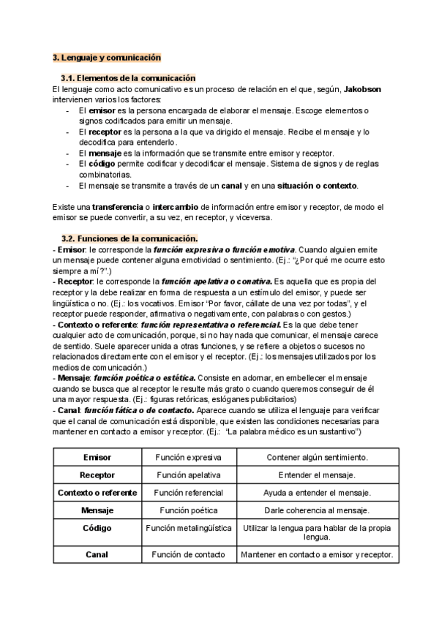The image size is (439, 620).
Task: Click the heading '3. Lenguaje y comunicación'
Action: pyautogui.click(x=107, y=57)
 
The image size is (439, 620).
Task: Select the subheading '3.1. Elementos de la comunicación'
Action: pyautogui.click(x=128, y=77)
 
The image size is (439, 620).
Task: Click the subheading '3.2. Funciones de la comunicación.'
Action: pyautogui.click(x=130, y=238)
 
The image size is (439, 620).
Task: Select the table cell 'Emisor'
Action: pyautogui.click(x=97, y=456)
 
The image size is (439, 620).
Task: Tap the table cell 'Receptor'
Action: pyautogui.click(x=97, y=475)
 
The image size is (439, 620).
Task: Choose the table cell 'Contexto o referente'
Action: pyautogui.click(x=97, y=492)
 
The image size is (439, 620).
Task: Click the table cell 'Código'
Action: pyautogui.click(x=97, y=526)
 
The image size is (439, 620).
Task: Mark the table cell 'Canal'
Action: pyautogui.click(x=97, y=554)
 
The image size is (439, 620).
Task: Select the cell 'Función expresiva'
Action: pyautogui.click(x=189, y=456)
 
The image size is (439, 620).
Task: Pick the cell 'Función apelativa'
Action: pyautogui.click(x=189, y=475)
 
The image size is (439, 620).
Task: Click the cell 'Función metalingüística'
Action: pyautogui.click(x=189, y=526)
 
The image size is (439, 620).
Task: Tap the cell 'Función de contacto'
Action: pyautogui.click(x=189, y=554)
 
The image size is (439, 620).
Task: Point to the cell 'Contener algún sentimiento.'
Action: pyautogui.click(x=317, y=456)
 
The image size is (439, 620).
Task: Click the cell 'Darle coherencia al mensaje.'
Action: pyautogui.click(x=317, y=510)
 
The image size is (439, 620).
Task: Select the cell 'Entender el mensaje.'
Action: pyautogui.click(x=317, y=475)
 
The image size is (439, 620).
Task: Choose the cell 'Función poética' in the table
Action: pyautogui.click(x=189, y=510)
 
